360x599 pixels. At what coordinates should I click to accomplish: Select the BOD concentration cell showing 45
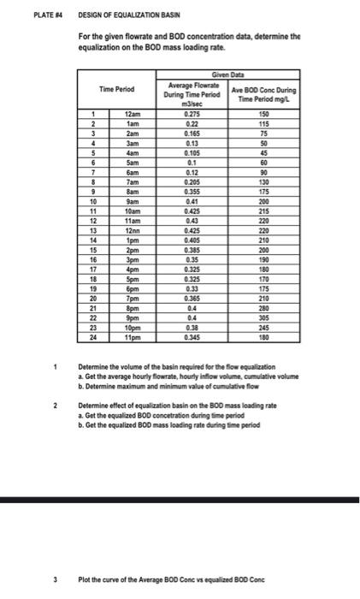[x=264, y=151]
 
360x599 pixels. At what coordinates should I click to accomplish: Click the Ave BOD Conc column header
[x=264, y=93]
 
